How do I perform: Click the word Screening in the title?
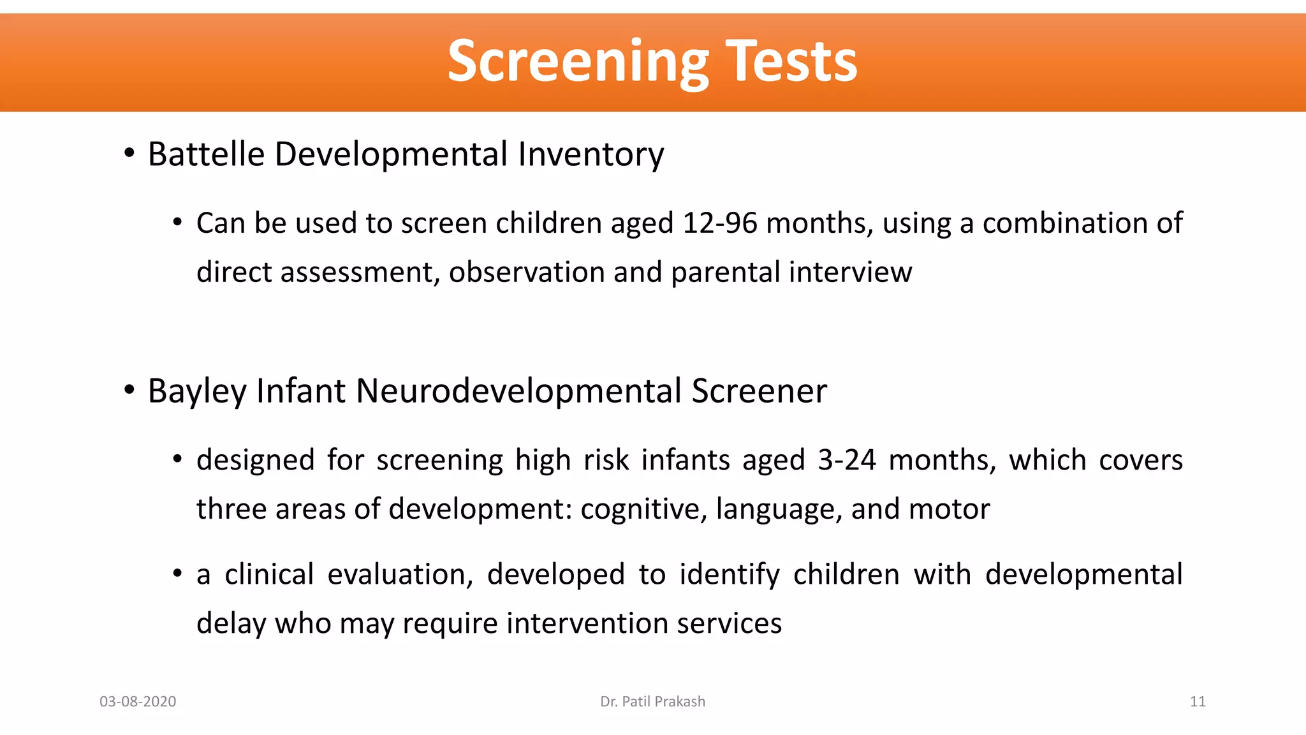[577, 62]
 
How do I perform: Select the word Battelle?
[206, 154]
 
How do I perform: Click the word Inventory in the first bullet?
[591, 154]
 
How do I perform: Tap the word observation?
[527, 272]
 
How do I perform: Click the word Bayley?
[196, 391]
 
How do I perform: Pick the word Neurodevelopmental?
[518, 391]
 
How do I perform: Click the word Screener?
[759, 391]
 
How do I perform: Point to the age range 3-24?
[847, 460]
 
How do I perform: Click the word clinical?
[269, 574]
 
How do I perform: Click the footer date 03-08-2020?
[138, 702]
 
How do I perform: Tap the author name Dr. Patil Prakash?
[652, 702]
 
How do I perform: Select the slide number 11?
[1198, 702]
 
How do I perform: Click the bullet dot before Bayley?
[129, 390]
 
